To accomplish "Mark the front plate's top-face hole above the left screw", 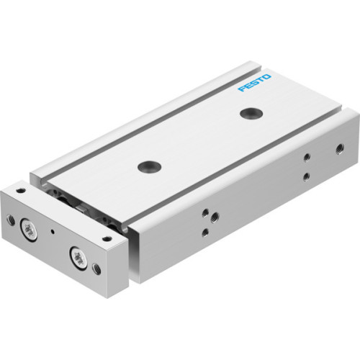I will (x=21, y=191).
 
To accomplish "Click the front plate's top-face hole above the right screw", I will (x=107, y=239).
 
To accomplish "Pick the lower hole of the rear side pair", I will (x=307, y=176).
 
